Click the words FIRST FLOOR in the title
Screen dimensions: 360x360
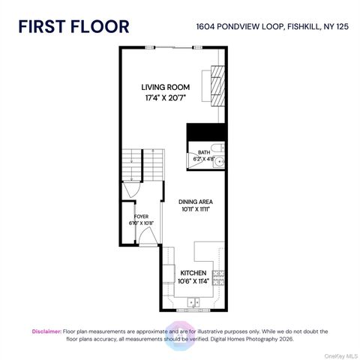click(x=73, y=26)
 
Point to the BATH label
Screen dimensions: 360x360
click(x=204, y=152)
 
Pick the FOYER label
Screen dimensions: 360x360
click(x=140, y=216)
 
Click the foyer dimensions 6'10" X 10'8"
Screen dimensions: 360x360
click(x=140, y=223)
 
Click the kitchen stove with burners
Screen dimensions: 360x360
click(x=218, y=277)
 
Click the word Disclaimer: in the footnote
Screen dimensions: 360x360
click(x=46, y=331)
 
